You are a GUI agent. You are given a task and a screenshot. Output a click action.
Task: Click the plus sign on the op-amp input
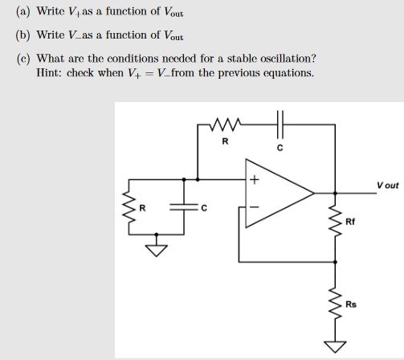(253, 180)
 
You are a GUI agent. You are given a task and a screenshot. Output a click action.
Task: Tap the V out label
(386, 185)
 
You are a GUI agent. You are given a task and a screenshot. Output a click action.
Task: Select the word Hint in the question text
(50, 73)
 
